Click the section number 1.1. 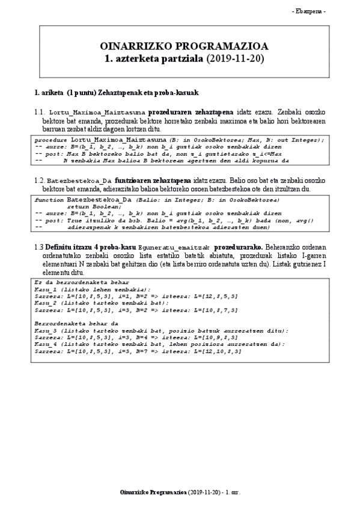tap(40, 112)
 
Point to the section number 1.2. tap(40, 180)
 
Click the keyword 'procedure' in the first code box tap(47, 140)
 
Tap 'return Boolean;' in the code tap(90, 206)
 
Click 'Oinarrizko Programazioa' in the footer tap(153, 493)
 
